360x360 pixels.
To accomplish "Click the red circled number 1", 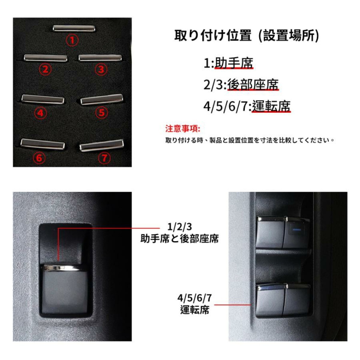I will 72,40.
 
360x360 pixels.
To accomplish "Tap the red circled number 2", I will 45,70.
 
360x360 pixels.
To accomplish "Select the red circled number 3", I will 101,70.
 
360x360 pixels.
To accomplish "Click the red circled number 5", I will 101,113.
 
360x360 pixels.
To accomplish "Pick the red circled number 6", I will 40,158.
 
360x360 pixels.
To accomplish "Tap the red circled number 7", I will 104,158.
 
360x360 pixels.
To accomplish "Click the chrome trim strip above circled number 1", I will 74,28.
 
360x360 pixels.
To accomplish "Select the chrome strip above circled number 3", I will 100,58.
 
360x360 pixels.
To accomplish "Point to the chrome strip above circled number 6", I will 43,144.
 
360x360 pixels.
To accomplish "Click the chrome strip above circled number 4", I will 43,100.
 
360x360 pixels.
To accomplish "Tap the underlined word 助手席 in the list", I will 234,63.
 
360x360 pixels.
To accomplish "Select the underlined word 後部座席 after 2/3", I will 253,85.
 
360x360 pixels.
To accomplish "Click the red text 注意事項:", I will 182,129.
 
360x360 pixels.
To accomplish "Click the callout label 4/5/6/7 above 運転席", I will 194,298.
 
